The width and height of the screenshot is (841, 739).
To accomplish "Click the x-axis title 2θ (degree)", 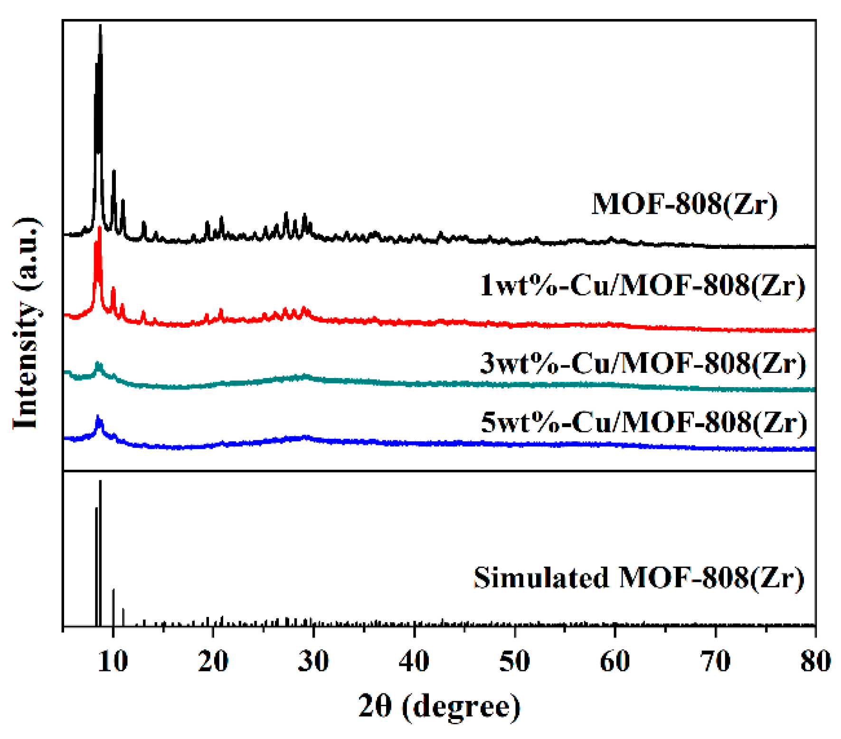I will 439,707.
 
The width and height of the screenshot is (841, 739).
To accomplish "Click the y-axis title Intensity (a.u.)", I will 26,323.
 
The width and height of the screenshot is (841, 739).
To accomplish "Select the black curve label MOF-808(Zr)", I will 684,204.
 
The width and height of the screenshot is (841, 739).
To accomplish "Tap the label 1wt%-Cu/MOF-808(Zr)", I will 643,285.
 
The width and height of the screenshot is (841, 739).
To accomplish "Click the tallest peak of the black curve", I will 100,27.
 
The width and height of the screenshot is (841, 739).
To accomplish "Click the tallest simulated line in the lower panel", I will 100,483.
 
